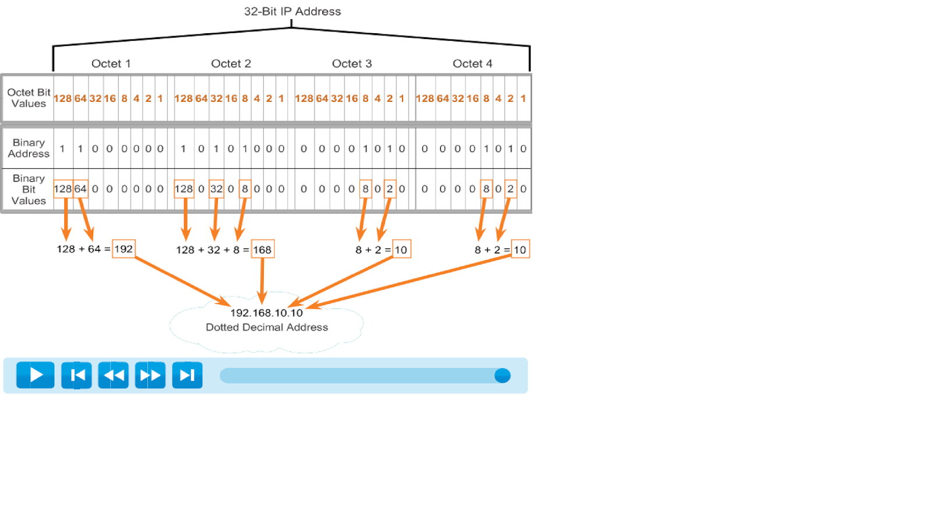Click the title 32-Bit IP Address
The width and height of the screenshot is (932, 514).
292,12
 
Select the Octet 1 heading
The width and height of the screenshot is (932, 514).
111,63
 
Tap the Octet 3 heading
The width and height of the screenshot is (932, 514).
352,63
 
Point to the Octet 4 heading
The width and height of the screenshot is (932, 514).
472,63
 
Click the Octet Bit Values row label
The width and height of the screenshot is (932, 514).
29,98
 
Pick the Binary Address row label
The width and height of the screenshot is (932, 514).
29,148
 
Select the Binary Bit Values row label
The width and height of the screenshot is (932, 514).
29,189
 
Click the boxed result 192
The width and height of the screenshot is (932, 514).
123,249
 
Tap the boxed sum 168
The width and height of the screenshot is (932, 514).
262,250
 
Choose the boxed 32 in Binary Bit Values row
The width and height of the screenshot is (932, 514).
216,189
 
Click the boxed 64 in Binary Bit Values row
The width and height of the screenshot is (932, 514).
80,189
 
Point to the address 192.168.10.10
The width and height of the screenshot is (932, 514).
267,313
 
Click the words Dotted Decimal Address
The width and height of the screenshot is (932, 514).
267,327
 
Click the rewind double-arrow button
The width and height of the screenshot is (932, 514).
113,375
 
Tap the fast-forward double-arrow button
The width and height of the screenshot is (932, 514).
150,375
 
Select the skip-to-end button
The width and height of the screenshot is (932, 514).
187,375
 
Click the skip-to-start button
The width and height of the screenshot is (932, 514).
76,375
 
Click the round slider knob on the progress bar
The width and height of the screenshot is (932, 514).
502,375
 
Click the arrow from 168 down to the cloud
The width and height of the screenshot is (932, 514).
263,279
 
